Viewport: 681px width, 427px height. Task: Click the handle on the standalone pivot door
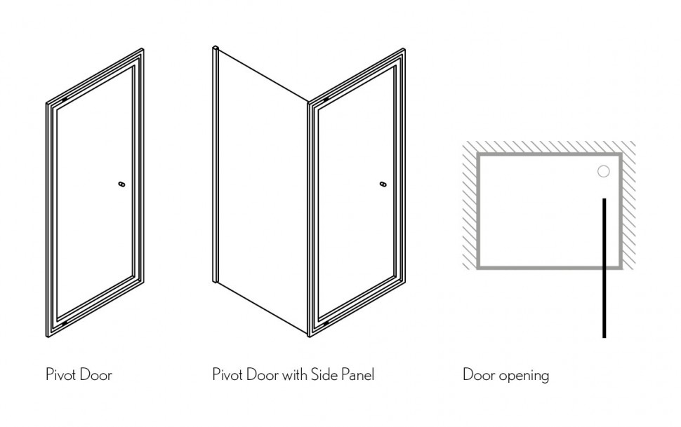tap(121, 184)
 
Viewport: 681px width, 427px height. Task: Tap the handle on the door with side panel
tap(383, 184)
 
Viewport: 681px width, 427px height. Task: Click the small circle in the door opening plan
tap(603, 171)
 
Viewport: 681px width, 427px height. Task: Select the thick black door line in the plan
tap(604, 268)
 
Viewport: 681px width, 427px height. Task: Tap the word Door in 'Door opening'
tap(479, 374)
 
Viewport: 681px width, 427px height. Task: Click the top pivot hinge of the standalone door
tap(65, 100)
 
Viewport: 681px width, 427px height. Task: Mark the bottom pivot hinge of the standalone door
tap(65, 323)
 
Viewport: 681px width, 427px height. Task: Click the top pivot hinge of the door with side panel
tap(326, 100)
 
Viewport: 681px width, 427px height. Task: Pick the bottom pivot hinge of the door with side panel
tap(326, 323)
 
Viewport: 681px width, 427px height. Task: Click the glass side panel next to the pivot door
tap(263, 191)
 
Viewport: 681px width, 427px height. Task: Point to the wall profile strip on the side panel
tap(215, 164)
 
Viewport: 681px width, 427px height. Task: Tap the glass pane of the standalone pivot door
tap(95, 192)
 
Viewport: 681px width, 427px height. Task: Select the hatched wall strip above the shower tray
tap(549, 147)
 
